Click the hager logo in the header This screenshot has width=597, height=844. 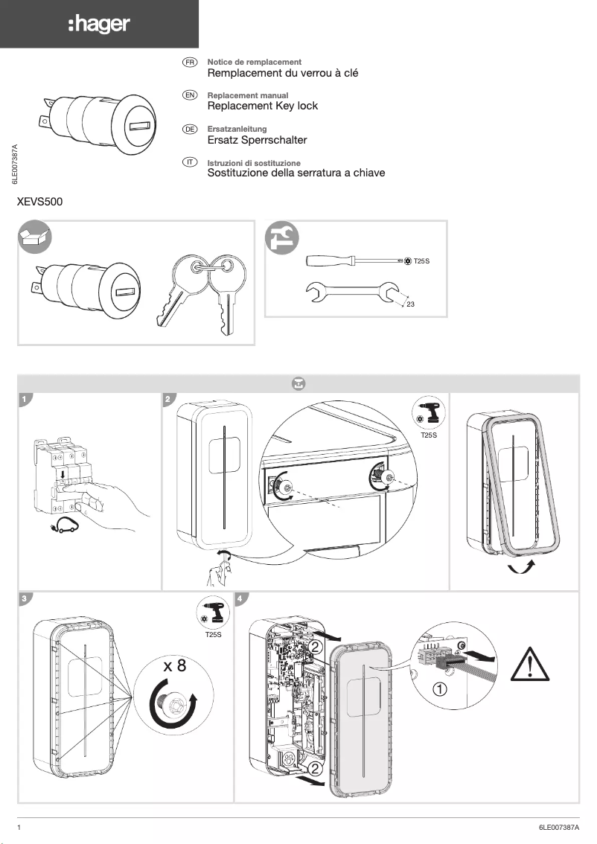click(x=99, y=25)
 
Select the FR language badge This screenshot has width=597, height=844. click(x=190, y=62)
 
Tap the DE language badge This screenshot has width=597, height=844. click(x=190, y=129)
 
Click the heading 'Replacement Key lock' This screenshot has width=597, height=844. click(x=262, y=106)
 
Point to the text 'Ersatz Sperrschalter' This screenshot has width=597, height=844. click(x=257, y=140)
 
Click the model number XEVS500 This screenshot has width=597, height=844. click(x=45, y=202)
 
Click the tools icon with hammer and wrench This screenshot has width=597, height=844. click(x=283, y=237)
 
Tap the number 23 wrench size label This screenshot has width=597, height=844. click(x=410, y=305)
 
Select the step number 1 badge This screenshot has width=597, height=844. click(x=25, y=400)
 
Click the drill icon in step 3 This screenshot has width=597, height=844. click(x=213, y=613)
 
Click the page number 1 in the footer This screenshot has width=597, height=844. click(x=19, y=827)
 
